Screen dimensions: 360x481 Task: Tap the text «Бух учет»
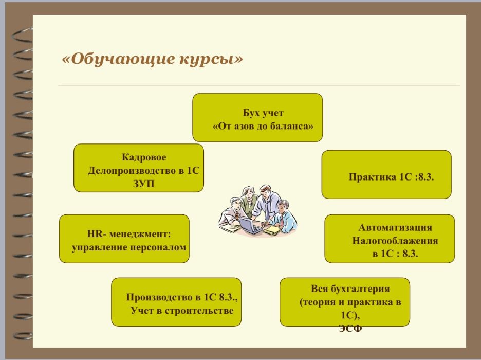pyautogui.click(x=263, y=113)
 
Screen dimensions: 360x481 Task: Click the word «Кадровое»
pyautogui.click(x=144, y=157)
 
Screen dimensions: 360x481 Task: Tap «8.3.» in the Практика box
pyautogui.click(x=425, y=177)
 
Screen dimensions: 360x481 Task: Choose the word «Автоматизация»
pyautogui.click(x=395, y=227)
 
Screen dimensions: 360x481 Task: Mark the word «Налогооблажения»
pyautogui.click(x=395, y=240)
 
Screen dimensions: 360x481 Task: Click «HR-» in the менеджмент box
pyautogui.click(x=96, y=234)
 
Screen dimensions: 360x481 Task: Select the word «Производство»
pyautogui.click(x=159, y=298)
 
